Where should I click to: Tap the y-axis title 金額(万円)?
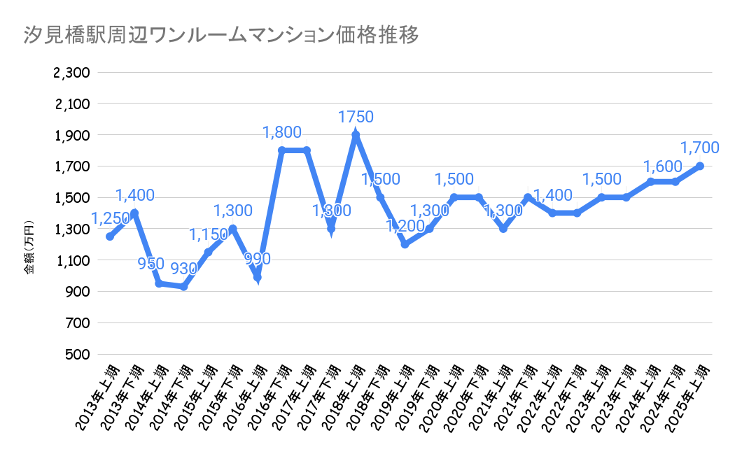click(x=29, y=248)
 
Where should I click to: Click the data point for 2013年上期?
click(x=110, y=236)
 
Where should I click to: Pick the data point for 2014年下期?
click(x=183, y=287)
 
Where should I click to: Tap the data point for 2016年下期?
click(x=282, y=150)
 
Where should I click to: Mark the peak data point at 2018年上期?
click(x=356, y=135)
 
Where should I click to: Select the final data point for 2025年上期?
click(x=699, y=166)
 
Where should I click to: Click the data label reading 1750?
click(x=356, y=117)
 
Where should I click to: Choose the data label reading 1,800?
click(x=282, y=132)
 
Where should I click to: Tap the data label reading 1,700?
click(x=699, y=147)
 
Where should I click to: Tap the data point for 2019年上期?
click(x=405, y=244)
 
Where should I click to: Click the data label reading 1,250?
click(x=111, y=219)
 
